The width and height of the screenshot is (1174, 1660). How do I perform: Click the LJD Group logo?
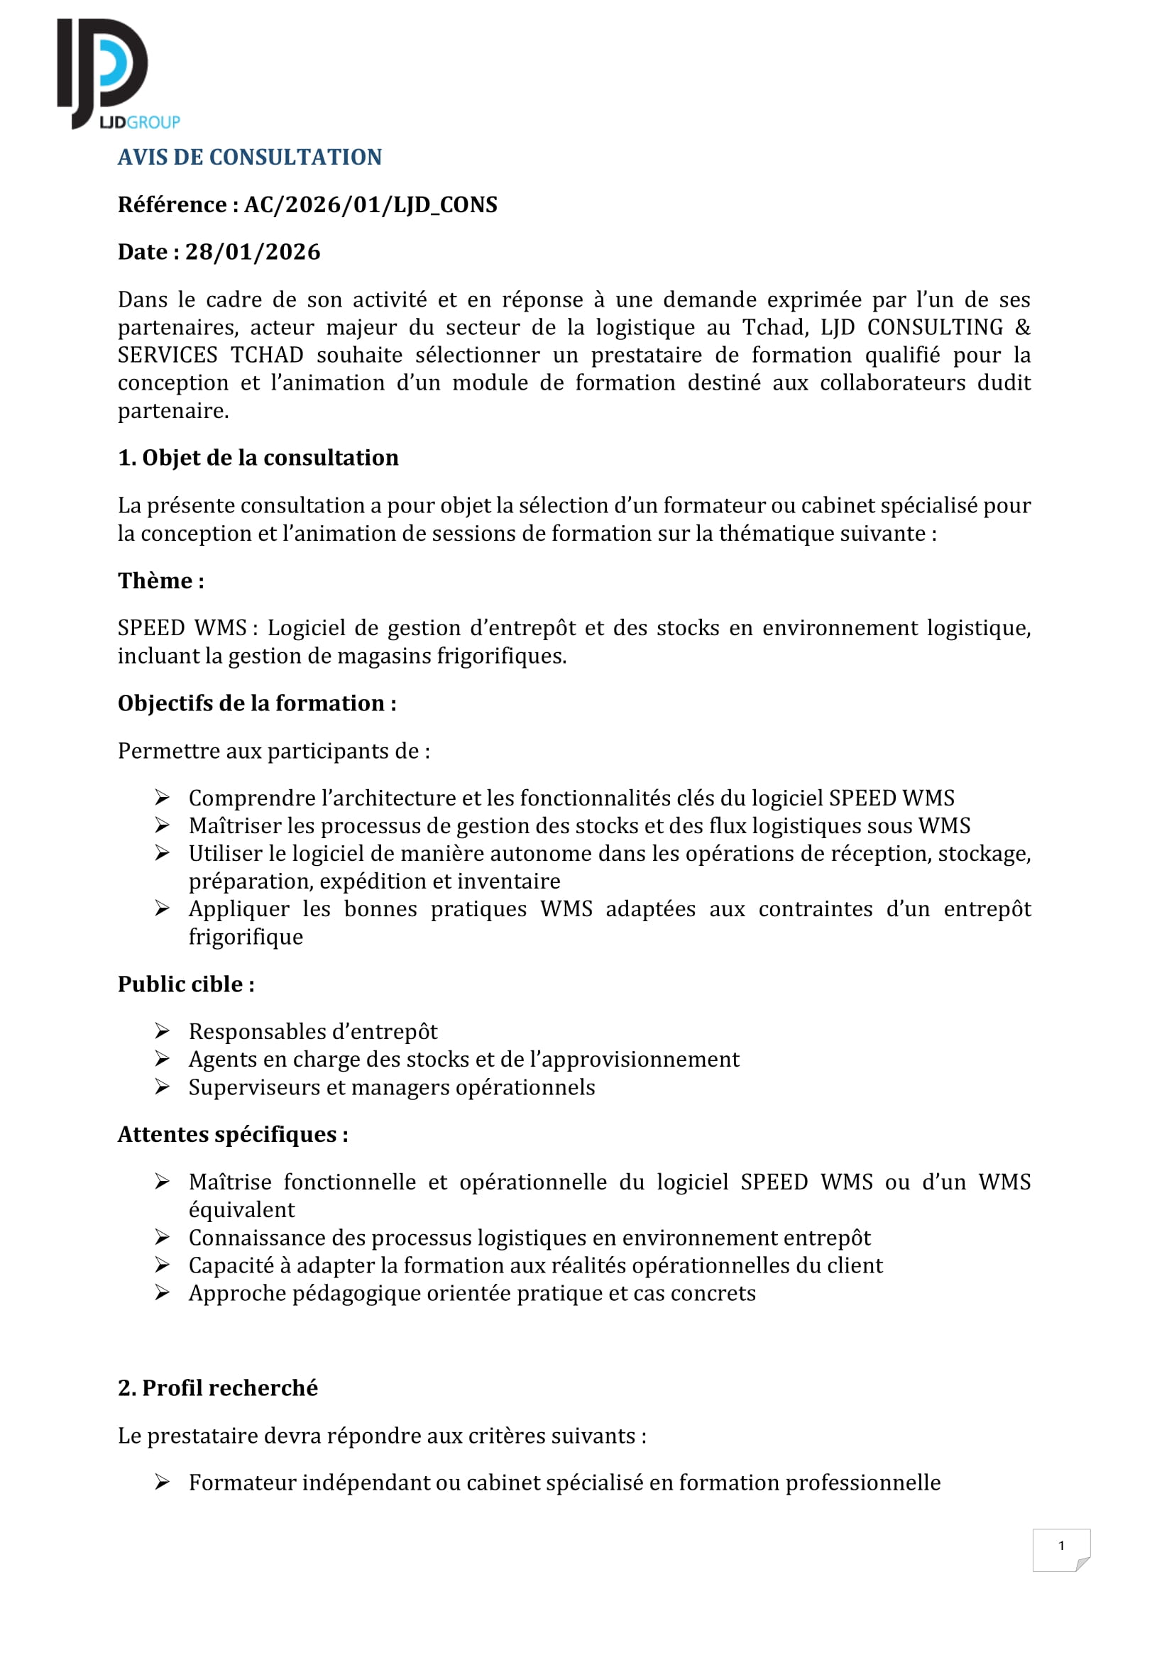(116, 75)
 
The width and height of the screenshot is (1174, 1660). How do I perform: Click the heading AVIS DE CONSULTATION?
(249, 157)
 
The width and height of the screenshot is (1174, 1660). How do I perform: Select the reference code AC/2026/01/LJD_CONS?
(370, 204)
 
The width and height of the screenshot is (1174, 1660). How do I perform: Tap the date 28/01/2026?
(252, 252)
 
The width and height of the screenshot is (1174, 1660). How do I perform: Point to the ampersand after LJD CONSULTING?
(1022, 327)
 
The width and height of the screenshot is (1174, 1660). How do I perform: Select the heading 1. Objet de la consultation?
(258, 458)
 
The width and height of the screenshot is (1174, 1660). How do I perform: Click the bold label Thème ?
(160, 581)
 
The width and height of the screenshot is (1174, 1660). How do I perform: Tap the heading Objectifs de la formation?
(257, 703)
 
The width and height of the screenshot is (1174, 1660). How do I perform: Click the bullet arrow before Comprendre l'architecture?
(162, 798)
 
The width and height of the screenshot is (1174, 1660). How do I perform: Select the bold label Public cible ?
(186, 984)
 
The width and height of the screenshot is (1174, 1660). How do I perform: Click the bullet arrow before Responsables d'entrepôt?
(162, 1031)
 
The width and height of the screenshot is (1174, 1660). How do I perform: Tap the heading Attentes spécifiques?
(233, 1134)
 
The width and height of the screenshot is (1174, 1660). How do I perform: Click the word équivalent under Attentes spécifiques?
(241, 1209)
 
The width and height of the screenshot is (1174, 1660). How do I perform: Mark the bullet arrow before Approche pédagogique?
(162, 1292)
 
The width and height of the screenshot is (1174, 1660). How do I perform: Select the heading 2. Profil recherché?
(218, 1388)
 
